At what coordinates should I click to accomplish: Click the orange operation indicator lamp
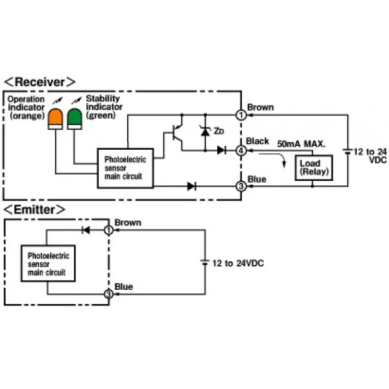pyautogui.click(x=55, y=119)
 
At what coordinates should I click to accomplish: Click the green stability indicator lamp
pyautogui.click(x=75, y=119)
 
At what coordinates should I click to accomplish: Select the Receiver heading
pyautogui.click(x=40, y=82)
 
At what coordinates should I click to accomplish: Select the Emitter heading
pyautogui.click(x=34, y=209)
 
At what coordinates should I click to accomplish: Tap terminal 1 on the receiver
pyautogui.click(x=241, y=115)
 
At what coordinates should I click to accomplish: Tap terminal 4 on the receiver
pyautogui.click(x=241, y=150)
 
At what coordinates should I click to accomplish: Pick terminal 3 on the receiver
pyautogui.click(x=241, y=186)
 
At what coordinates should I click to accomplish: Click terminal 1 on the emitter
pyautogui.click(x=108, y=230)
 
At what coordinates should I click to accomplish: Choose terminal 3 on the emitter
pyautogui.click(x=108, y=294)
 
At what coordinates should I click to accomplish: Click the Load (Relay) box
pyautogui.click(x=314, y=168)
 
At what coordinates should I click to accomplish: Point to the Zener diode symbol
pyautogui.click(x=205, y=131)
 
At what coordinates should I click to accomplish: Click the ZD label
pyautogui.click(x=219, y=131)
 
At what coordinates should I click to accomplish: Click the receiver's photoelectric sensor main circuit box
pyautogui.click(x=125, y=168)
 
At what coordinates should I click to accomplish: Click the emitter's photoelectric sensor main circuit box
pyautogui.click(x=48, y=263)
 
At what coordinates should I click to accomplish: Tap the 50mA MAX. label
pyautogui.click(x=301, y=144)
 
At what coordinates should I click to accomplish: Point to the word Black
pyautogui.click(x=257, y=141)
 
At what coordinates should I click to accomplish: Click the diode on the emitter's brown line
pyautogui.click(x=86, y=230)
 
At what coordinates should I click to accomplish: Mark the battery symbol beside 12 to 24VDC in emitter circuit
pyautogui.click(x=205, y=262)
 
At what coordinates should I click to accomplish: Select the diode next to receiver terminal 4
pyautogui.click(x=222, y=150)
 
